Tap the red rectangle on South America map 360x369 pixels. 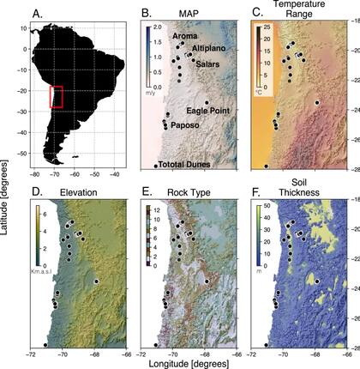click(57, 96)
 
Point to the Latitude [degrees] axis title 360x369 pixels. click(8, 184)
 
